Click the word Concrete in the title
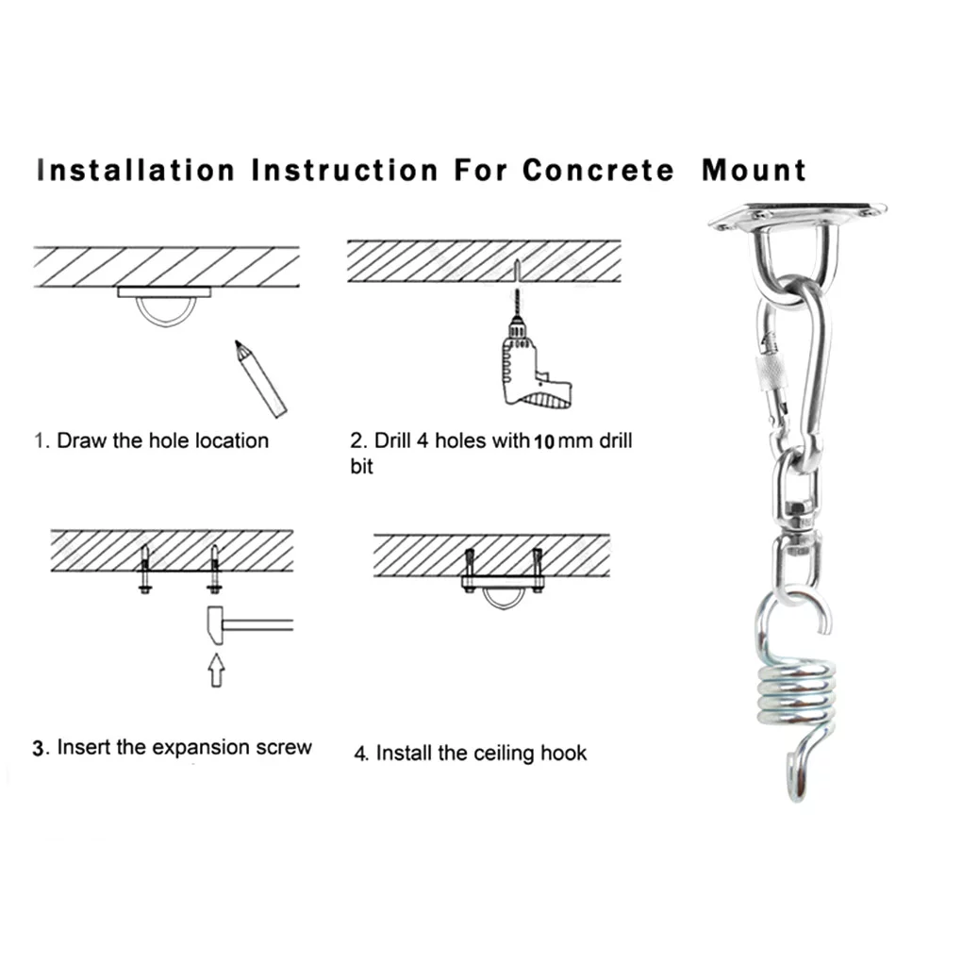coord(598,171)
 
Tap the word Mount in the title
coord(755,171)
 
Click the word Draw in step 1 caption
coord(82,440)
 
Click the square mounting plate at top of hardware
coord(797,216)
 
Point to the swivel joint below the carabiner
coord(794,517)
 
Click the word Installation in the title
coord(135,171)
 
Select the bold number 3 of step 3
coord(39,750)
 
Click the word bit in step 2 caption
coord(362,467)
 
